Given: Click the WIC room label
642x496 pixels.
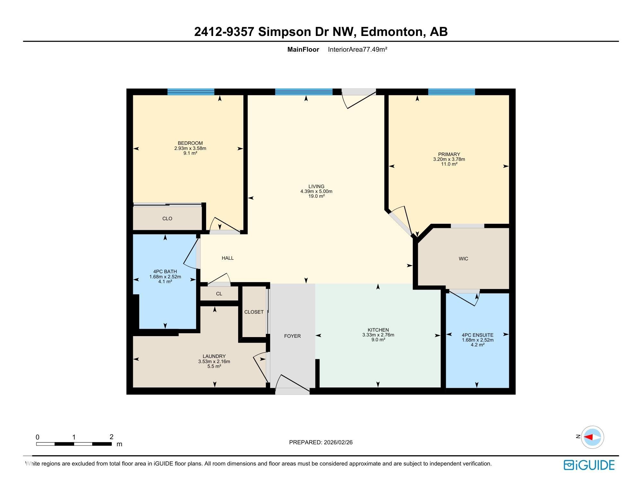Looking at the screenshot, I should click(x=463, y=258).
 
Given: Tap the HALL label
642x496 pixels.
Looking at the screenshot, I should click(x=228, y=258).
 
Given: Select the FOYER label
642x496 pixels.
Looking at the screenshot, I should click(x=292, y=336).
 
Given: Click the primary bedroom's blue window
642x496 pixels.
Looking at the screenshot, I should click(x=451, y=92).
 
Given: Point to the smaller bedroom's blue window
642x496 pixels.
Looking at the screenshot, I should click(x=191, y=92).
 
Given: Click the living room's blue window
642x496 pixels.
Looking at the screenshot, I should click(x=304, y=92).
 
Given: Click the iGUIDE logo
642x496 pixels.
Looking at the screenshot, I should click(x=589, y=465).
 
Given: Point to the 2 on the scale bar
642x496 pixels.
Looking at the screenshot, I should click(x=111, y=437).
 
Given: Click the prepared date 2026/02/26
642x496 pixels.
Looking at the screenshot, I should click(x=338, y=442).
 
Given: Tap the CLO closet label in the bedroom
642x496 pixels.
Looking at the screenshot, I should click(x=167, y=218).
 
